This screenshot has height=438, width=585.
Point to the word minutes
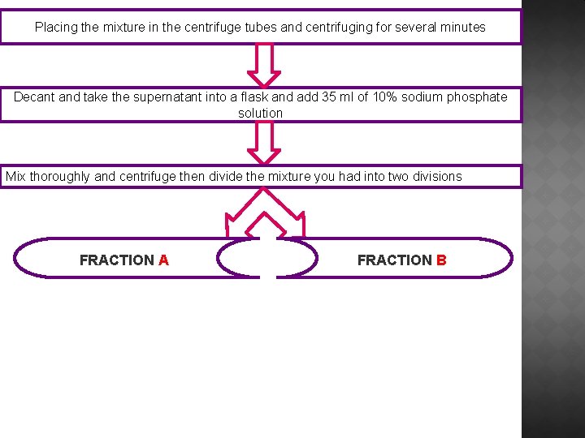click(x=461, y=28)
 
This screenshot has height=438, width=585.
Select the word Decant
click(x=34, y=97)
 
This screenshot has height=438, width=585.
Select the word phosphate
click(x=478, y=97)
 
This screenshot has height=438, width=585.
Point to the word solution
click(x=260, y=114)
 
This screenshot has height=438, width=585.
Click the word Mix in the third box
click(x=16, y=177)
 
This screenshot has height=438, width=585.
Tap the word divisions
click(x=435, y=177)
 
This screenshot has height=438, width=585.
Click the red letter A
click(x=164, y=260)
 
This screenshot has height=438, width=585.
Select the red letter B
click(x=441, y=260)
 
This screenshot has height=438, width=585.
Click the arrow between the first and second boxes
click(x=263, y=64)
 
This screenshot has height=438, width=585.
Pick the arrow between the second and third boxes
click(x=263, y=143)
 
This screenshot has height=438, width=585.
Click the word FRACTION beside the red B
click(x=395, y=260)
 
